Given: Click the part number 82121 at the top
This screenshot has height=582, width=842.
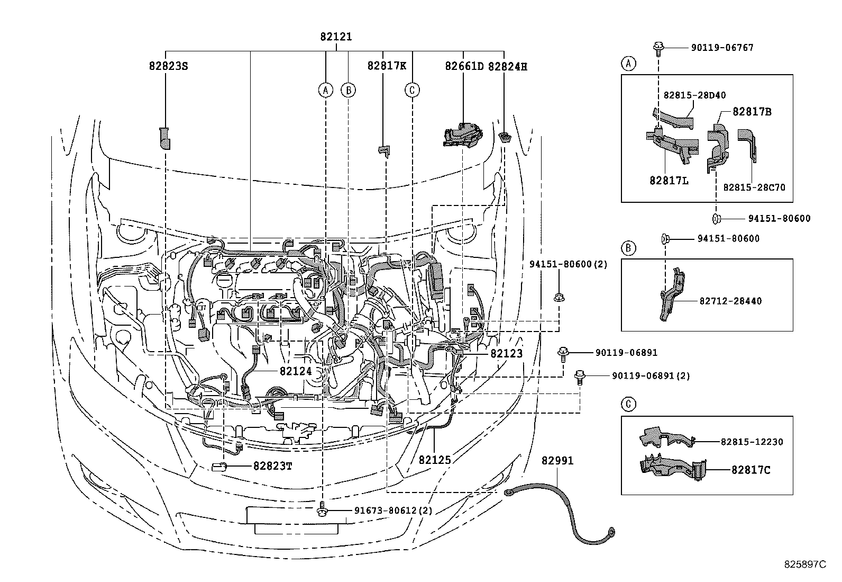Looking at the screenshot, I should pyautogui.click(x=335, y=37).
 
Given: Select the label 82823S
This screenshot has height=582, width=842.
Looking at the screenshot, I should pyautogui.click(x=168, y=66).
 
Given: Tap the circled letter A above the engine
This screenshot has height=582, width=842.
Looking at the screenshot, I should pyautogui.click(x=326, y=90).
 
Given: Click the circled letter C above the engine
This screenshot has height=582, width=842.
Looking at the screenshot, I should pyautogui.click(x=412, y=90).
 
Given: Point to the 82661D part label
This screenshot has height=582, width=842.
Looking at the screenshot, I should pyautogui.click(x=464, y=66).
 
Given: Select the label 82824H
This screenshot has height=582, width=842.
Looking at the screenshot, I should pyautogui.click(x=507, y=66).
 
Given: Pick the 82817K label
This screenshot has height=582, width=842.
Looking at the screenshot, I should pyautogui.click(x=387, y=66).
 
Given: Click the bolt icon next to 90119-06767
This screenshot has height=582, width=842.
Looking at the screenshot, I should pyautogui.click(x=658, y=48).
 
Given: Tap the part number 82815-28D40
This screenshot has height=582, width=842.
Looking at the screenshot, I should pyautogui.click(x=694, y=95).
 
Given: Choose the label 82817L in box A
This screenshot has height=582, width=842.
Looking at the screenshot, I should pyautogui.click(x=669, y=181).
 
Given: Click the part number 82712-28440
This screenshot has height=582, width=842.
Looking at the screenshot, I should pyautogui.click(x=730, y=301).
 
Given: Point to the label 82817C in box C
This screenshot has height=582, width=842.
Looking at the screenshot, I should pyautogui.click(x=751, y=469).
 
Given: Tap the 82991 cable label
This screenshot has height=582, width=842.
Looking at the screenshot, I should pyautogui.click(x=557, y=461).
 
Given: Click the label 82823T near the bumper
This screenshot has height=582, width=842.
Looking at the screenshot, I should pyautogui.click(x=272, y=465).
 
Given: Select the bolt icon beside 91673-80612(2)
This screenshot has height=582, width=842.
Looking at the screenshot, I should pyautogui.click(x=322, y=512).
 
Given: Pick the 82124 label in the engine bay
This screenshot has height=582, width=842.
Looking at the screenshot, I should pyautogui.click(x=296, y=371).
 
